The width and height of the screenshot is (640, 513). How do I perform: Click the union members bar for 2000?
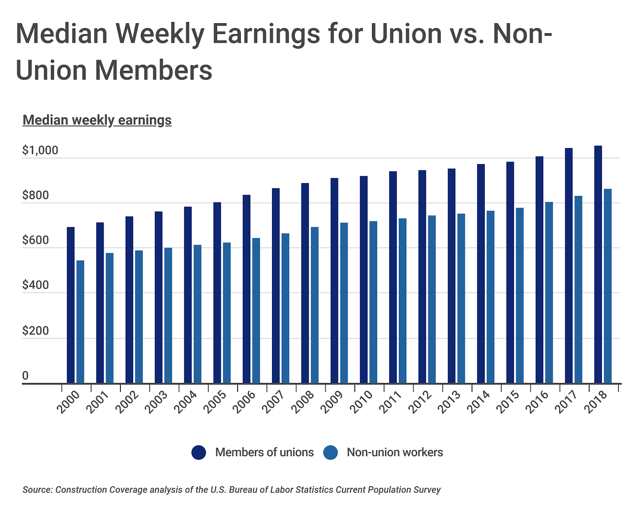tap(70, 305)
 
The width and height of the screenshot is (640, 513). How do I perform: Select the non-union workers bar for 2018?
tap(608, 286)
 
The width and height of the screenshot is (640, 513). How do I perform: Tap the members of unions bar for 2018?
tap(598, 264)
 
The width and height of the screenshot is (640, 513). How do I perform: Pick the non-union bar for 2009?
tap(344, 303)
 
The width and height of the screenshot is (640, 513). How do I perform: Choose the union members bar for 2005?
tap(217, 293)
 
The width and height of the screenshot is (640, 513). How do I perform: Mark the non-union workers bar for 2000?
tap(80, 322)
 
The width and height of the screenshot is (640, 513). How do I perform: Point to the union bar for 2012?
tap(422, 277)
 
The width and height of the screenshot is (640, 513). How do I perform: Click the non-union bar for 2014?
tap(490, 297)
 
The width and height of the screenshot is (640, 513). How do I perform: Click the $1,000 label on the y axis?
tap(40, 150)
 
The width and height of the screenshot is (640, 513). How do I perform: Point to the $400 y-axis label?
tap(35, 285)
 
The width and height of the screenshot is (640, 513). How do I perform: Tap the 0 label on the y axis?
tap(25, 375)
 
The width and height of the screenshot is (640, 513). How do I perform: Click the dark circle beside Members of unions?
tap(199, 452)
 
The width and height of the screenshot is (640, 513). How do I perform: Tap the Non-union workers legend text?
tap(395, 452)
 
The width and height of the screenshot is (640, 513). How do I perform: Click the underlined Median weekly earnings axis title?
tap(97, 120)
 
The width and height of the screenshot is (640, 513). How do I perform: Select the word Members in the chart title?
tap(154, 70)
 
